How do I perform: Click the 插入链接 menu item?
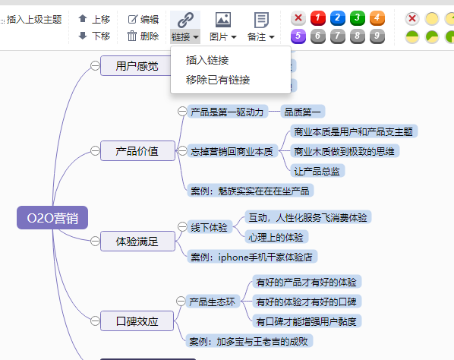207,60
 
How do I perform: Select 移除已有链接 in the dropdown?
218,80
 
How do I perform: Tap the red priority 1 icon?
318,18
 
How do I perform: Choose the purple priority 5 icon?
298,36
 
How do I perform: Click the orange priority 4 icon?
377,18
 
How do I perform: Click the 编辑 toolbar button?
143,20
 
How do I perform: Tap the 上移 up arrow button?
94,20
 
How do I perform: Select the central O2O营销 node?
52,218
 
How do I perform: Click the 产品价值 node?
137,151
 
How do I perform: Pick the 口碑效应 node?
137,321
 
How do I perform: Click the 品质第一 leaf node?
303,112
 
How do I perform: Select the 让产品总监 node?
317,171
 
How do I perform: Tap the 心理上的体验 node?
276,237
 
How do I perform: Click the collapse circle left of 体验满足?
95,241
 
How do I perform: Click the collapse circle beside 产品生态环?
181,302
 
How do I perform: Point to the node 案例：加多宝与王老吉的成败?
249,341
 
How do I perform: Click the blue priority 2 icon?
338,18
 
